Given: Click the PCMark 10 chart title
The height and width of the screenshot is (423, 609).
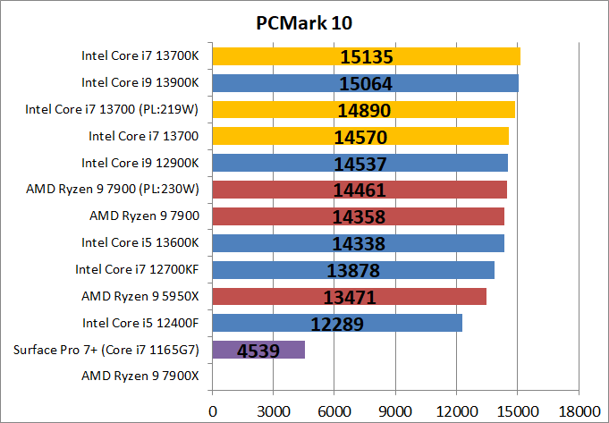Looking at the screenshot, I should point(304,20).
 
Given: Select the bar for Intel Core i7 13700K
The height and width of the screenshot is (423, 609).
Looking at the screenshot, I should point(366,56).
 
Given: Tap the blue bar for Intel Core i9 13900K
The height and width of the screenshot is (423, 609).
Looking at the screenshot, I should point(365,83).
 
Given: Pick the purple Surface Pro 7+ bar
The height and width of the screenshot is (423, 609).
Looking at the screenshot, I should point(258,349).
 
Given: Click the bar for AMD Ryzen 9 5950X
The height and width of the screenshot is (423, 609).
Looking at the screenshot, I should point(349,296).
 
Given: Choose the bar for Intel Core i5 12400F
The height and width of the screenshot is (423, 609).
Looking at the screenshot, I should point(337,323).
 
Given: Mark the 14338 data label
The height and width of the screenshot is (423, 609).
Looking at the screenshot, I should point(359,243).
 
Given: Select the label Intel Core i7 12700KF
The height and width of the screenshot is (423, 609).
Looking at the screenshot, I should point(137,269).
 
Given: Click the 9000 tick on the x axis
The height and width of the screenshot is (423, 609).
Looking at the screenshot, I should point(395,410).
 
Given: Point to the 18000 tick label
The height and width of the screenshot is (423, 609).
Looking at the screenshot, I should point(578,410).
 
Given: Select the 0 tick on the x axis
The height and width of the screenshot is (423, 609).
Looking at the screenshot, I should point(212,410).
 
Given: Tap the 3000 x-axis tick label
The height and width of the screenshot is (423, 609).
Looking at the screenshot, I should point(273,410).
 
